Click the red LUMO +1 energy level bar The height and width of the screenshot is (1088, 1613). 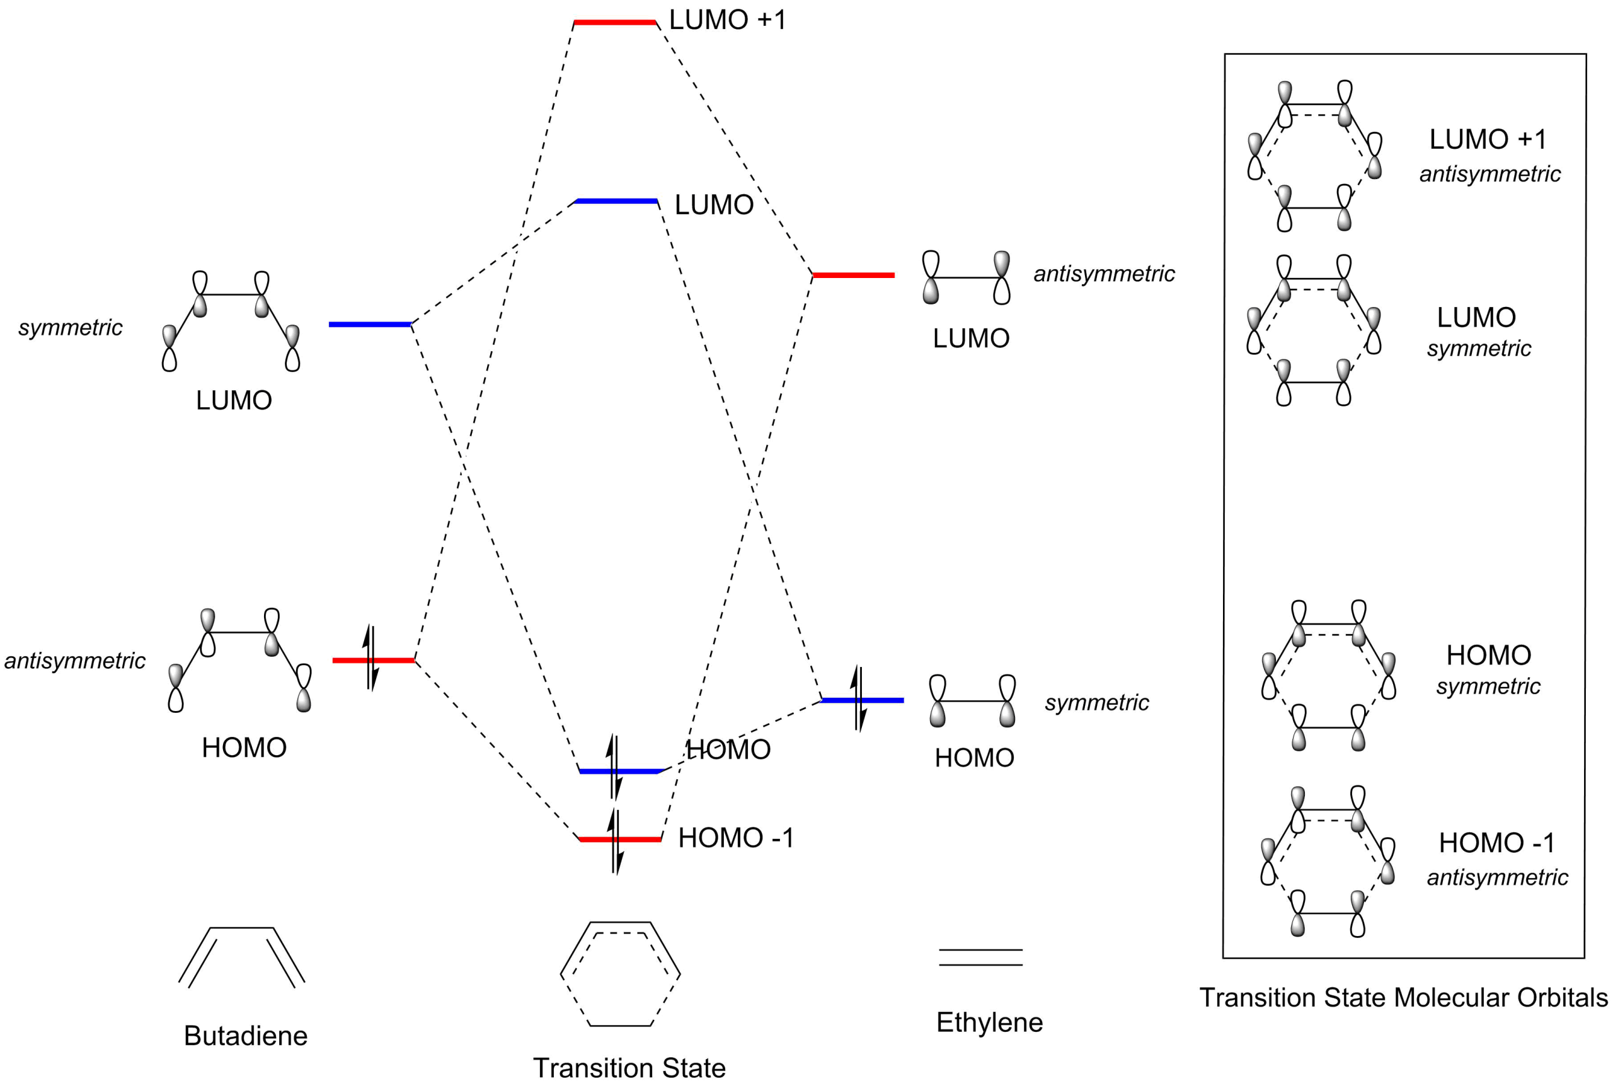tap(614, 23)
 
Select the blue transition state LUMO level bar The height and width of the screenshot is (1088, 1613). tap(616, 201)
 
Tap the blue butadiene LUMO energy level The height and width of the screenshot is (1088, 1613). tap(370, 324)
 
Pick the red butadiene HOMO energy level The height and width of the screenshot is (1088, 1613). tap(372, 660)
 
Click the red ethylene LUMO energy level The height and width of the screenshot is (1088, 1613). tap(854, 275)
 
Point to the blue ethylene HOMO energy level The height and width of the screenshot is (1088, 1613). tap(862, 700)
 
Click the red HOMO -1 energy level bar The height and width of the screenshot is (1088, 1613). tap(619, 840)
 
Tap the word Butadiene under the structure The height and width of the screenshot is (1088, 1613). tap(246, 1036)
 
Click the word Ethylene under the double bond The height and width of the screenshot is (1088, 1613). tap(990, 1022)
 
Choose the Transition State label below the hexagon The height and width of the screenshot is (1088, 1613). tap(628, 1068)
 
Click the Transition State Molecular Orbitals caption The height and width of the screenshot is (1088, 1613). tap(1404, 998)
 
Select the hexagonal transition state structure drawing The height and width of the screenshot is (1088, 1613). tap(621, 973)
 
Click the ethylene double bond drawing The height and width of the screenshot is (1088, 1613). tap(980, 957)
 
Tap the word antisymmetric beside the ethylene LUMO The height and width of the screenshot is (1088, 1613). tap(1104, 275)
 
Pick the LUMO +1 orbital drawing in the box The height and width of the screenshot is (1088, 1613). tap(1315, 156)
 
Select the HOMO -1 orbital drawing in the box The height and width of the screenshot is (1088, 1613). tap(1328, 862)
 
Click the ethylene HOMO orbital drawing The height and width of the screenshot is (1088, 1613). tap(973, 701)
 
